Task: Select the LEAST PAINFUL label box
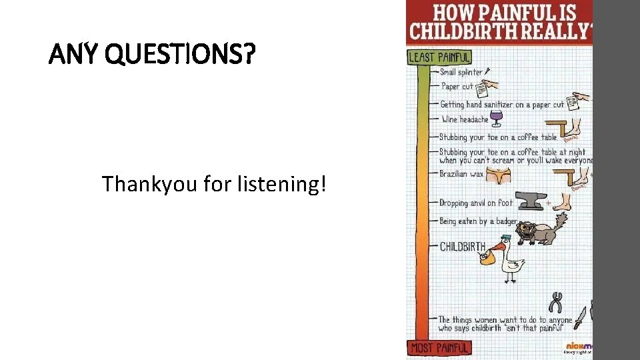439,57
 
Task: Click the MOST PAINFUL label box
439,347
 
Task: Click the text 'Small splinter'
461,72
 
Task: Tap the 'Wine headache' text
465,120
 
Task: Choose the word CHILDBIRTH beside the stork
463,247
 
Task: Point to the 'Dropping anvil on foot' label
476,203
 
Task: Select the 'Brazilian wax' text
461,174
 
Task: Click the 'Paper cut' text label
457,86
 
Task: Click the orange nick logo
578,345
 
